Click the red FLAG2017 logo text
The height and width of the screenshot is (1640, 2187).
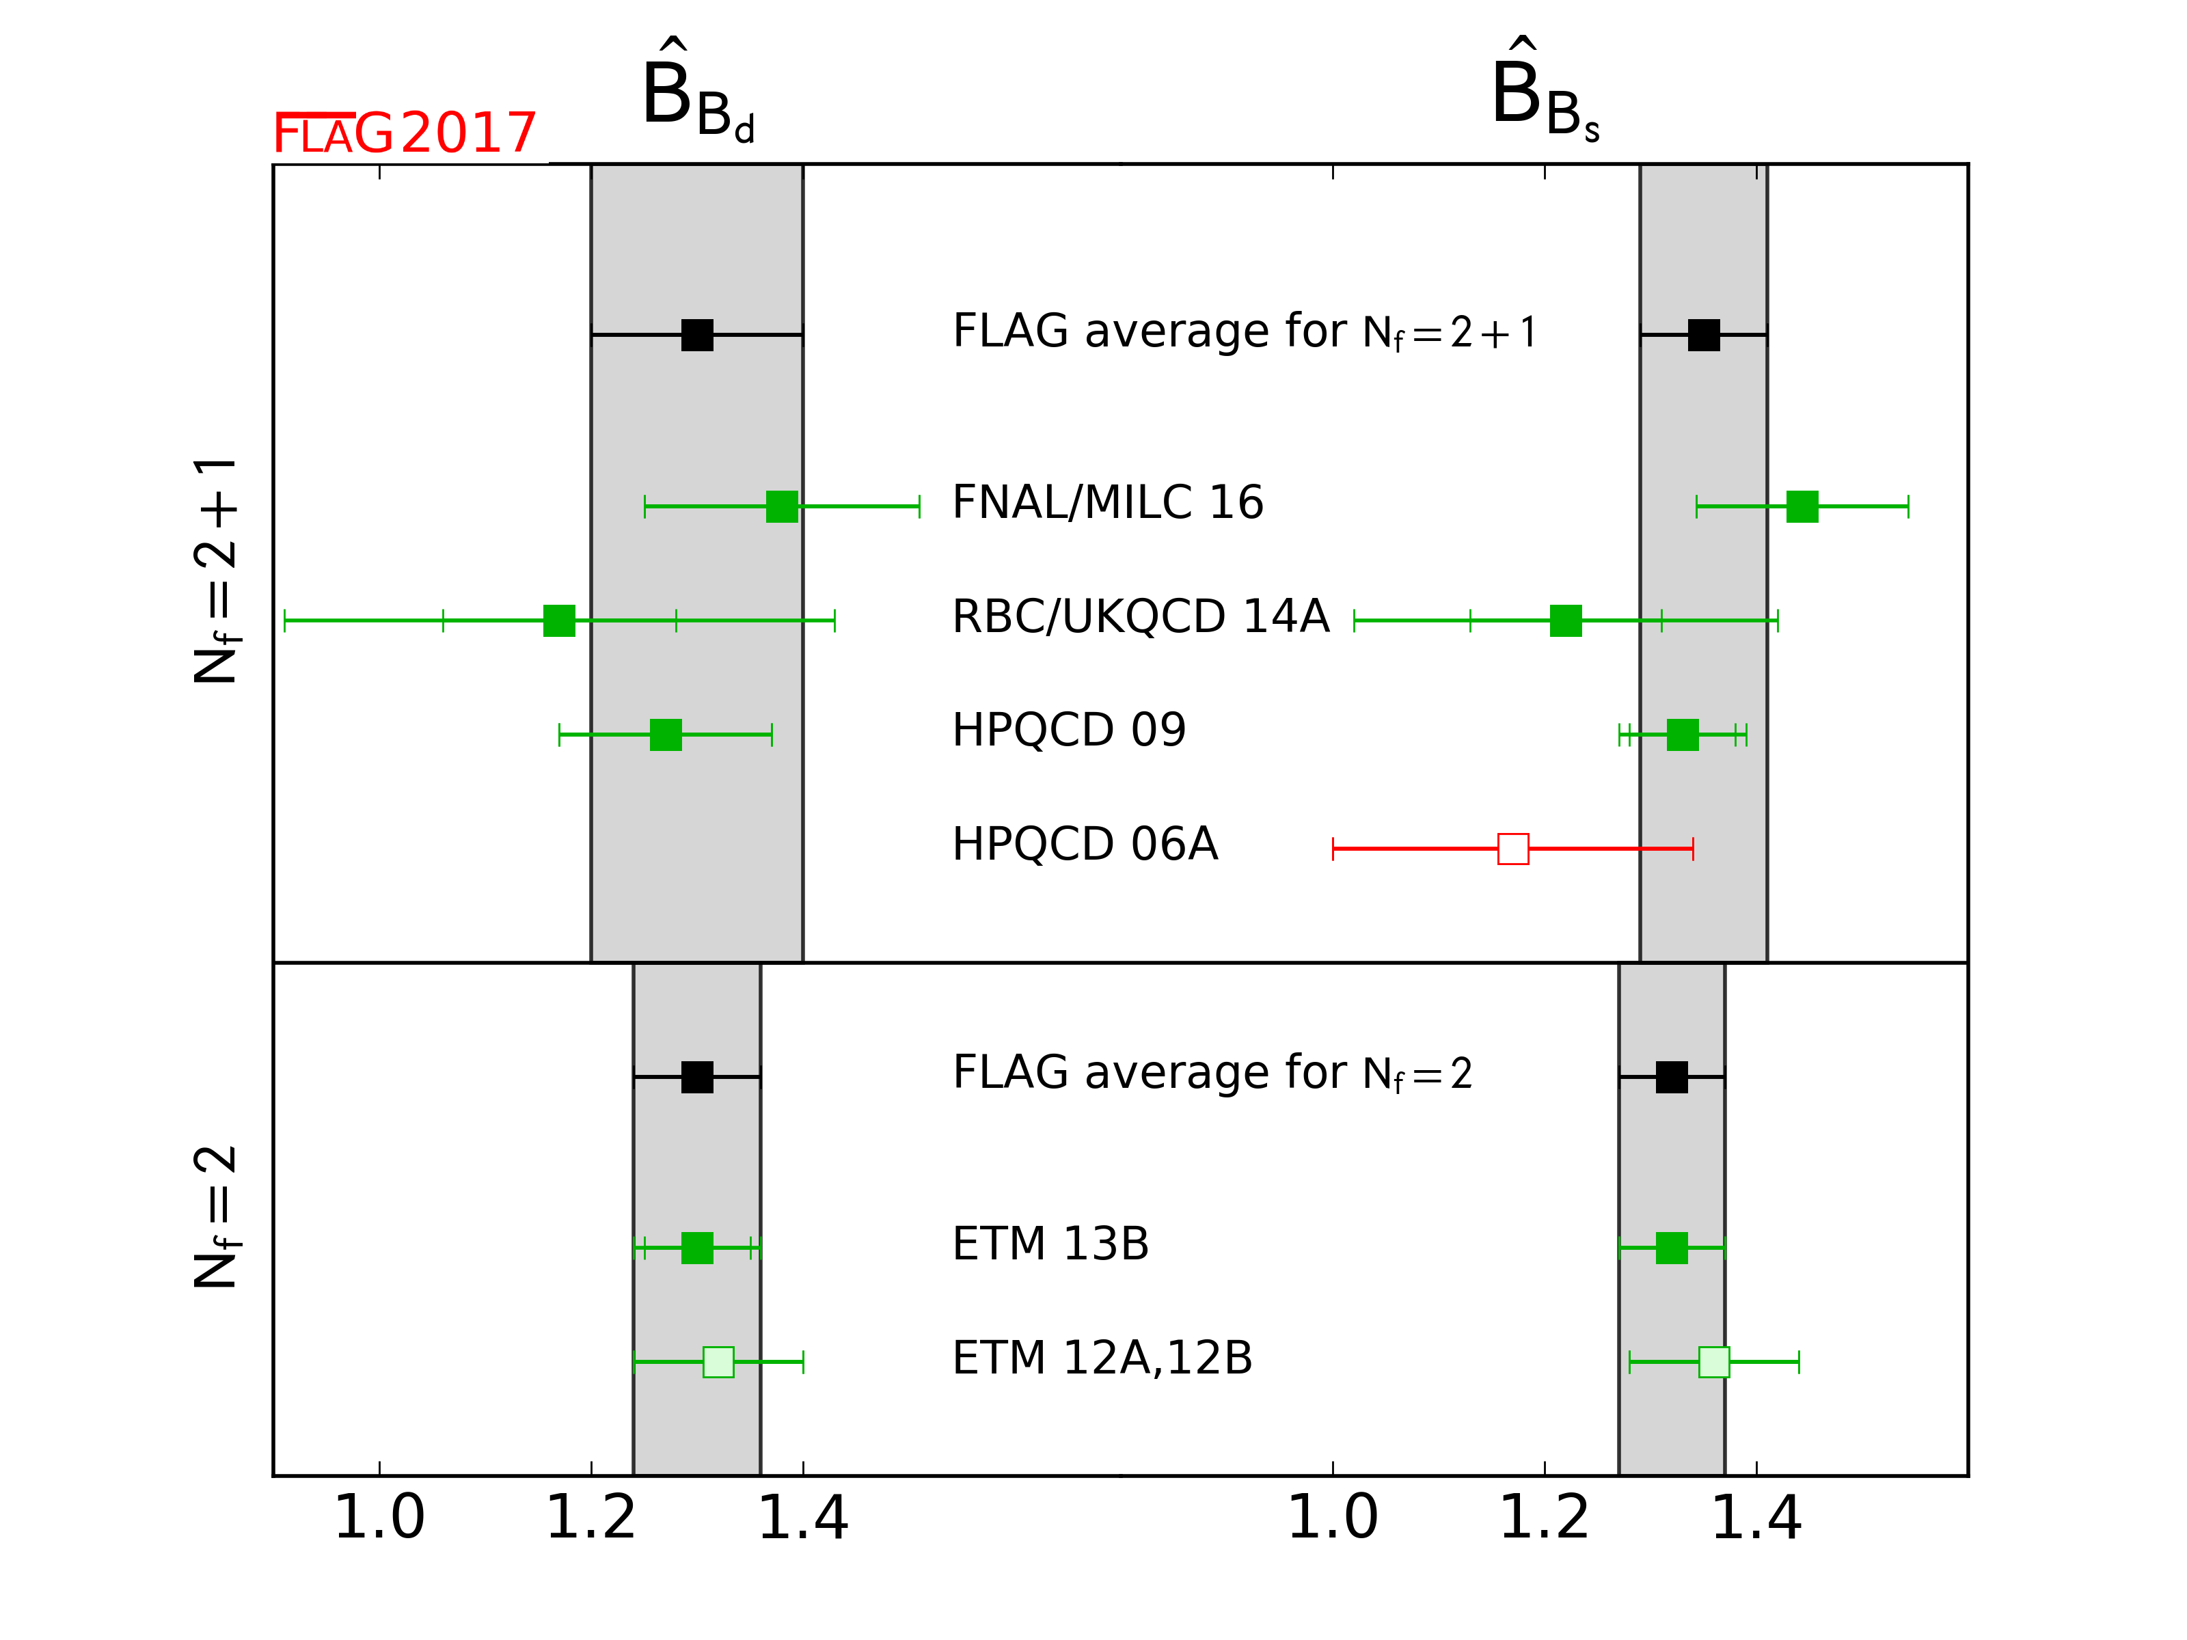coord(405,133)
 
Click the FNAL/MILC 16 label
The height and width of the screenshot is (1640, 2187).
coord(1107,502)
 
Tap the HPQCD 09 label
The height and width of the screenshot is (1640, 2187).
coord(1069,730)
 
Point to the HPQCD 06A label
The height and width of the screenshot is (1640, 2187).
coord(1085,843)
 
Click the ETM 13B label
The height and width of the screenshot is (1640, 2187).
coord(1050,1244)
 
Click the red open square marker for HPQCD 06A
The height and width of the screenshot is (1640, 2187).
coord(1512,848)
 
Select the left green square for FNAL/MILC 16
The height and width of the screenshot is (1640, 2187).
coord(782,507)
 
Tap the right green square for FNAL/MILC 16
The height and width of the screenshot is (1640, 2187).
coord(1802,507)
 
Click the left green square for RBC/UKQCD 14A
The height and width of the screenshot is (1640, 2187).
coord(560,620)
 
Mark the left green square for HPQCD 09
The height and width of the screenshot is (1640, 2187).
coord(666,735)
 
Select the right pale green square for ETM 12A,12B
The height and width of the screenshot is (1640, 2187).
coord(1714,1362)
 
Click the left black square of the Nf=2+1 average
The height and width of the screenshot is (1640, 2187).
coord(697,335)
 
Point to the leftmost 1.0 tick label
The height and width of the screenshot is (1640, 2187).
coord(380,1518)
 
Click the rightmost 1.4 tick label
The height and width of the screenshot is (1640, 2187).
coord(1757,1518)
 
